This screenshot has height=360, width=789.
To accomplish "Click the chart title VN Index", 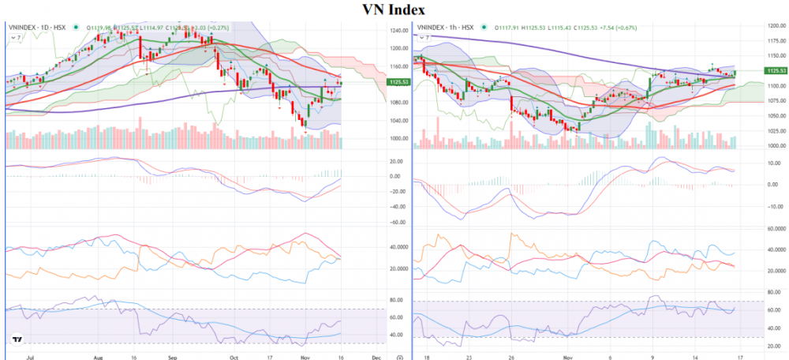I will point(394,9).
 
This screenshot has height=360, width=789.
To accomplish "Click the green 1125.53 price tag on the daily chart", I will point(398,82).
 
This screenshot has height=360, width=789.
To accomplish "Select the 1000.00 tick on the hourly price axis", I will point(776,146).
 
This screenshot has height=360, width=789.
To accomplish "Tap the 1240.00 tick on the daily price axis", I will point(398,31).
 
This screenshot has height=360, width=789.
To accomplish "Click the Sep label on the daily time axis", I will point(171,356).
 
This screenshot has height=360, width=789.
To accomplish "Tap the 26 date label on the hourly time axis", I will point(511,356).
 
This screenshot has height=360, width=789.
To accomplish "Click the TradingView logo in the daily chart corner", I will point(15,340).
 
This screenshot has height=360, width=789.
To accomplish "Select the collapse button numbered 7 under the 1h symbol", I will point(421,37).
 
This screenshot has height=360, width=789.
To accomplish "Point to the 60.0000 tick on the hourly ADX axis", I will point(776,228).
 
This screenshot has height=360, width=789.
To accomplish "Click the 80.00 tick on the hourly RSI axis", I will point(776,299).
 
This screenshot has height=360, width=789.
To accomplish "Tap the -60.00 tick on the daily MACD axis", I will point(398,222).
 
